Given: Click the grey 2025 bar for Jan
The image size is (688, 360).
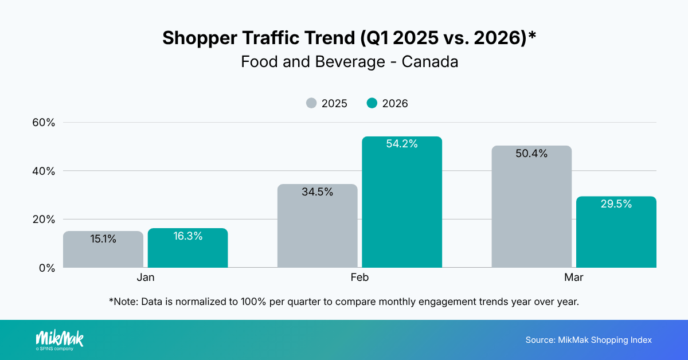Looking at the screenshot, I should point(103,252).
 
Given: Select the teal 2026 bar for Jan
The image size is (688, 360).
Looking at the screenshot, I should point(187,252).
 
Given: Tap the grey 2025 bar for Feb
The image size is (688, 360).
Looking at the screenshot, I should point(317,229).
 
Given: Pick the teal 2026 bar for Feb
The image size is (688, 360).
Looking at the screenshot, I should point(402,206).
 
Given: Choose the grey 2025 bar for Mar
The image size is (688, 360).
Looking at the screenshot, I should point(531,212).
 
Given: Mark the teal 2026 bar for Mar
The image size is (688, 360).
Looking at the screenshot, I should point(616,235).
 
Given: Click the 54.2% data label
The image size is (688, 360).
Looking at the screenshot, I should point(402,144).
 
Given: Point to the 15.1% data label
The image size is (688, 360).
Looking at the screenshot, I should point(103,239).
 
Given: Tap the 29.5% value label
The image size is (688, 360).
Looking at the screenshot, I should point(616,204).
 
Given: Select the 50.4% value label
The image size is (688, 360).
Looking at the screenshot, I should point(531,154).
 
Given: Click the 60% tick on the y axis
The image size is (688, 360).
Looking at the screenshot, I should point(42,123).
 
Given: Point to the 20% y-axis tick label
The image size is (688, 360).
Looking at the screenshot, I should point(42,220).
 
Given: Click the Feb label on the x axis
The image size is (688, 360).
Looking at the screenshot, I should point(359,277).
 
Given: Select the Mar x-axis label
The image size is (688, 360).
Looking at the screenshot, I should point(574,277).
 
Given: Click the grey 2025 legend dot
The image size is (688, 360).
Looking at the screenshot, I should point(311,104).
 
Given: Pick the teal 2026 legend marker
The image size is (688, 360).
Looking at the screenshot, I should point(372,104).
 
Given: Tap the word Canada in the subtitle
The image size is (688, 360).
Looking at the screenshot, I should point(430,62).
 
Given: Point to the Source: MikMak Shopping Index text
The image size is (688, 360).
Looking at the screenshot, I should point(588,340).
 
